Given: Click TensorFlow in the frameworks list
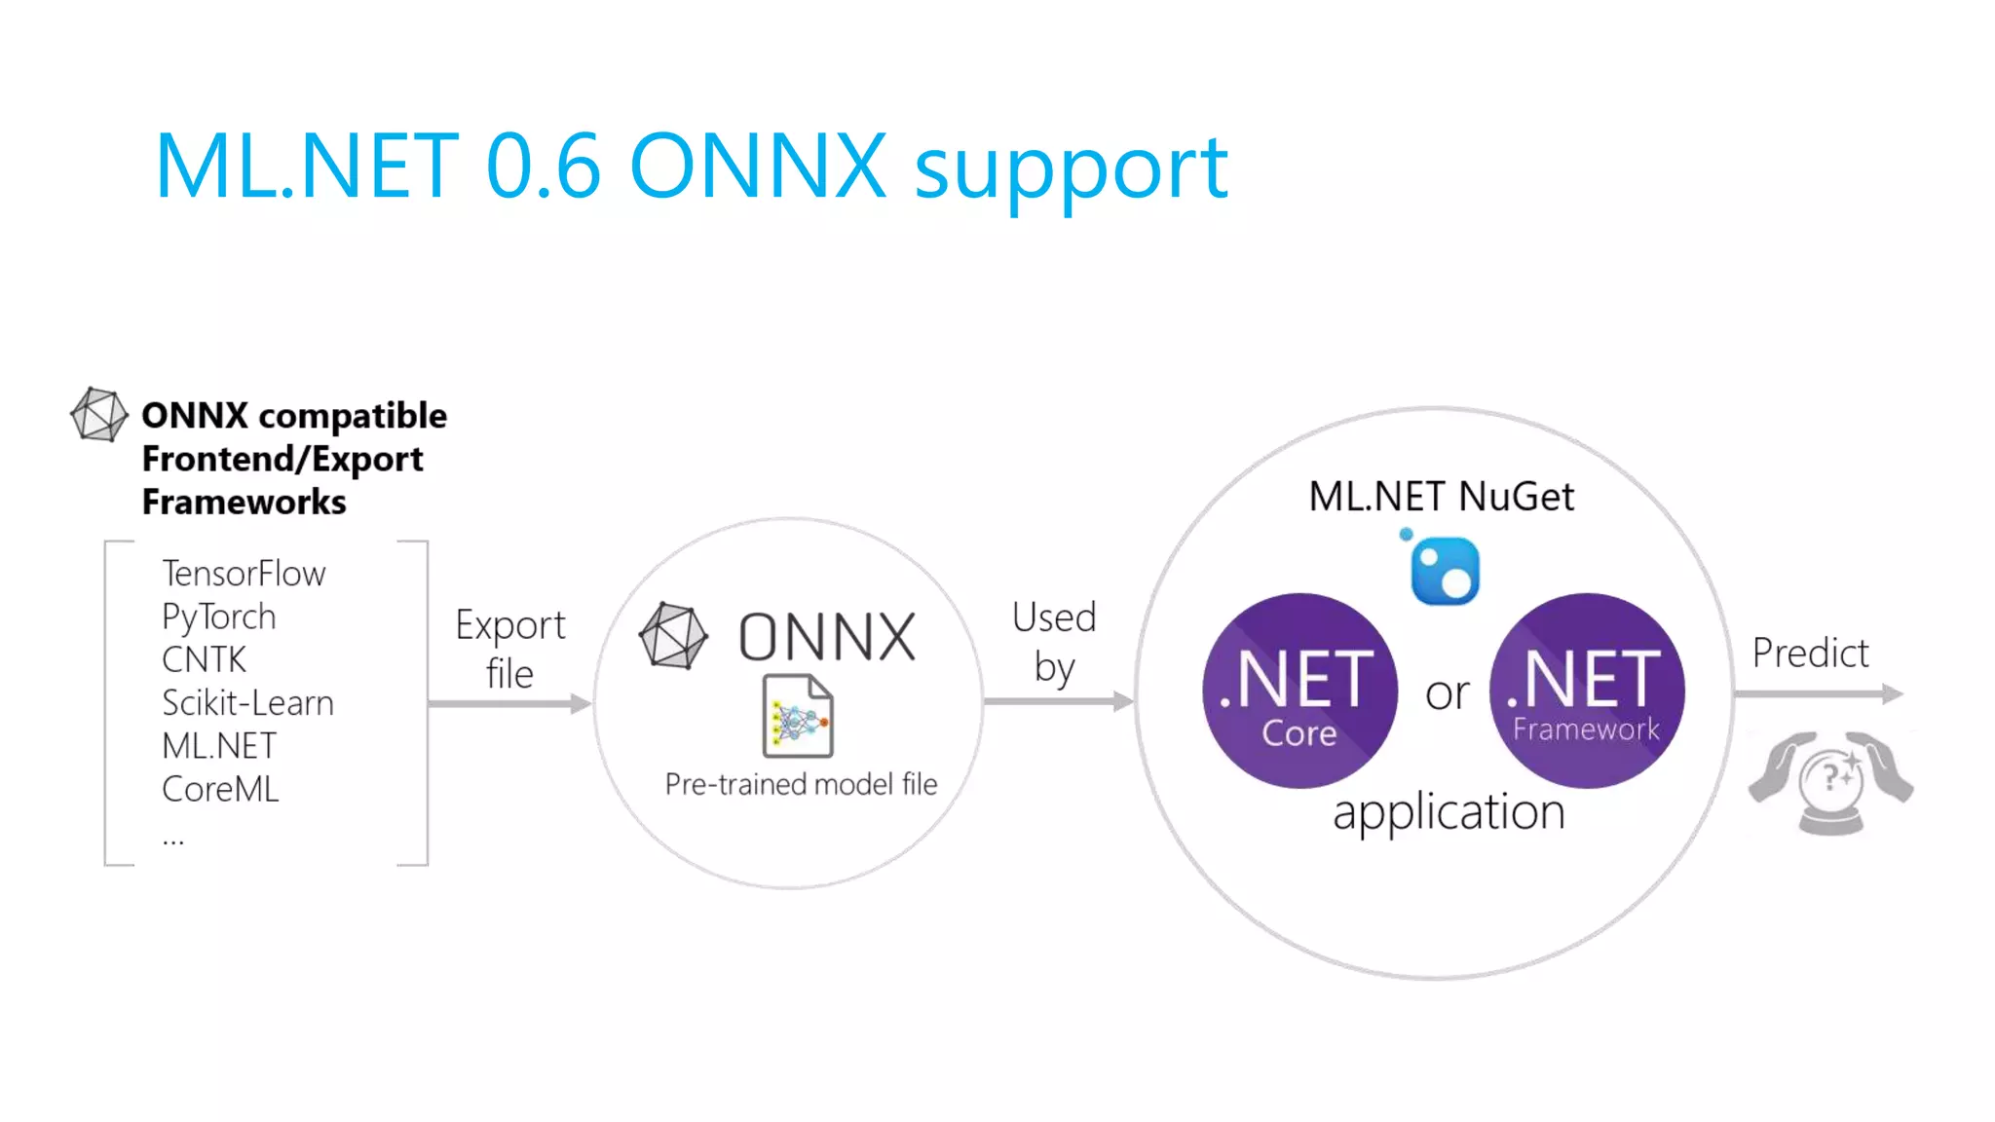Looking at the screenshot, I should [x=244, y=574].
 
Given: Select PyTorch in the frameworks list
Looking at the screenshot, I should [x=219, y=617].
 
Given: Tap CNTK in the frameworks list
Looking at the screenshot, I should [x=205, y=659].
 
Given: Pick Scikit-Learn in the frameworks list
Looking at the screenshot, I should [x=247, y=703].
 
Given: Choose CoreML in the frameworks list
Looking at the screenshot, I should [x=220, y=789].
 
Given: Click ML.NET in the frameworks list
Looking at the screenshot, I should [x=219, y=746].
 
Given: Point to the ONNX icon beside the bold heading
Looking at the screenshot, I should [x=99, y=414].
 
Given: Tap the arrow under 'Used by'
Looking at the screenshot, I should [x=1058, y=700].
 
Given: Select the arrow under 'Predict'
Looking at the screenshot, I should [x=1818, y=693].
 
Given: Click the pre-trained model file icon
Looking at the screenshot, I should [x=798, y=716].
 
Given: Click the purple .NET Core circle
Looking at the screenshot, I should [x=1299, y=691].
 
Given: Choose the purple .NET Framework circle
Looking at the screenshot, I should [x=1587, y=691].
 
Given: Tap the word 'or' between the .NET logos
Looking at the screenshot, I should [x=1447, y=693].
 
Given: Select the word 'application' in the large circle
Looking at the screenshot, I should [x=1449, y=812].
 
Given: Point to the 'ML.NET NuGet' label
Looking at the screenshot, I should [x=1441, y=497].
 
